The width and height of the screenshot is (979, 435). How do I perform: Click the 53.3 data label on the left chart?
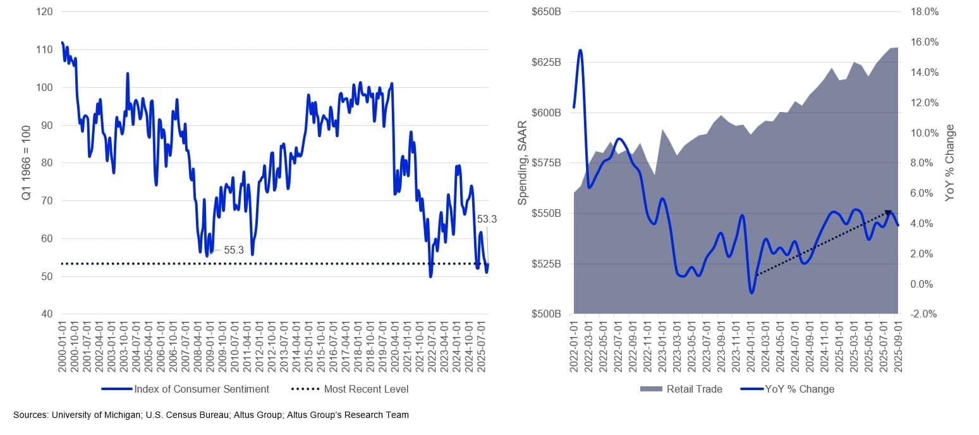point(486,219)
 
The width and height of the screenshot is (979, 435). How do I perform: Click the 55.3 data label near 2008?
point(234,250)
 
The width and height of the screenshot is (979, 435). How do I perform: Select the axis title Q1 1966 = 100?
point(27,162)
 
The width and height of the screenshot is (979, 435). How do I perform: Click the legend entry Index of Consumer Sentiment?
point(202,389)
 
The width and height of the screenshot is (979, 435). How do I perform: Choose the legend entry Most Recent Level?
point(366,389)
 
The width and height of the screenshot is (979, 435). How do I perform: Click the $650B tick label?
point(550,12)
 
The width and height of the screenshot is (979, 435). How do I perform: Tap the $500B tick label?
point(550,314)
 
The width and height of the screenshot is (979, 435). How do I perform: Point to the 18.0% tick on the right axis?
point(924,12)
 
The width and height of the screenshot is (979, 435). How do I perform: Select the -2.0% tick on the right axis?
point(924,314)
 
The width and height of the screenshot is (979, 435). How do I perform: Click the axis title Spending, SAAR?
point(523,162)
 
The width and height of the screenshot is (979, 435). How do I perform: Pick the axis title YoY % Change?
point(950,162)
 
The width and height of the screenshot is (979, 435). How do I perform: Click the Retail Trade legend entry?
point(694,389)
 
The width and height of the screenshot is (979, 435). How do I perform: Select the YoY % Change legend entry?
point(800,389)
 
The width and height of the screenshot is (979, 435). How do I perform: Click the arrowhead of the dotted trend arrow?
point(888,214)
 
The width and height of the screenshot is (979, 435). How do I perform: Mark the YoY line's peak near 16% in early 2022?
point(580,51)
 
